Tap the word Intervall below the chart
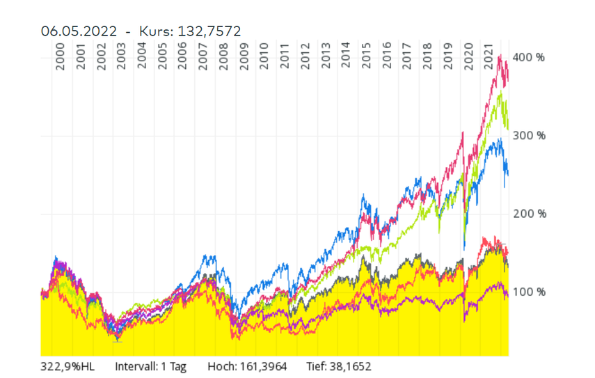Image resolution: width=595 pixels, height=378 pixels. tap(135, 365)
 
